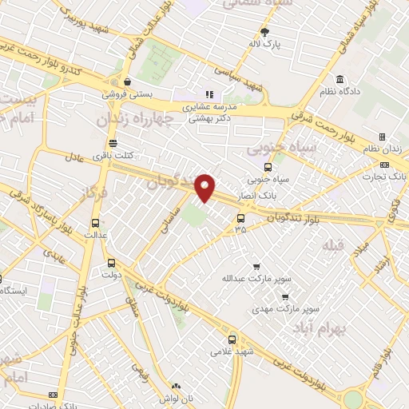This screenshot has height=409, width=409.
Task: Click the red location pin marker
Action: coord(206,187)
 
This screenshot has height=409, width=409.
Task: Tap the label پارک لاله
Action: coord(265,44)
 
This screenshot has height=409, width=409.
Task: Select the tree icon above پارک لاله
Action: coord(265,32)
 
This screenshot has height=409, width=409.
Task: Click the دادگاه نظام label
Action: coord(340,91)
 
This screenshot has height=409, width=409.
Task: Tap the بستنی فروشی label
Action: coord(127,93)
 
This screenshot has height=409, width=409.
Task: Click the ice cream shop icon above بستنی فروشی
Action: coord(127,81)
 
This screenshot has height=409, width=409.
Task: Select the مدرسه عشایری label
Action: coord(210,106)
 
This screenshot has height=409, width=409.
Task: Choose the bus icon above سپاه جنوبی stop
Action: coord(267,168)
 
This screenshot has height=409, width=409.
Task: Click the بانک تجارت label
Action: coord(391,176)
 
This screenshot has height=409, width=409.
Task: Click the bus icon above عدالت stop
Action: coord(96,224)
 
